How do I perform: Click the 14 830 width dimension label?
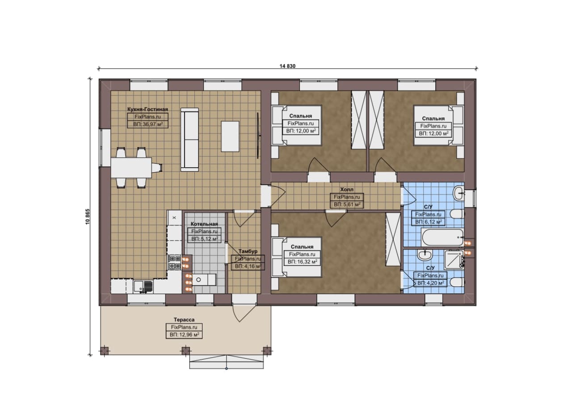(x=287, y=66)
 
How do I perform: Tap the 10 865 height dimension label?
(x=88, y=216)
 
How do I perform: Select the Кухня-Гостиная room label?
(x=147, y=109)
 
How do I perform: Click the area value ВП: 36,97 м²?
(x=148, y=124)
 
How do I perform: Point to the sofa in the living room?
(x=189, y=140)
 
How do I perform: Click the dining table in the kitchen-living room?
(x=131, y=167)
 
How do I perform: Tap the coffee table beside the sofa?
(x=230, y=137)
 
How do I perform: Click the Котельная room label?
(x=204, y=224)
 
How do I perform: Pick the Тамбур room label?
(x=248, y=251)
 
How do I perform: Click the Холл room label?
(x=347, y=190)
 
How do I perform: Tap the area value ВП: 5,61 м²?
(x=347, y=204)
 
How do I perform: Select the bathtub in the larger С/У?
(x=442, y=237)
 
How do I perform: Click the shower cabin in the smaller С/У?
(x=454, y=260)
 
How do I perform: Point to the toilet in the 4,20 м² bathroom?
(x=457, y=282)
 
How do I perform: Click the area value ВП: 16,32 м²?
(x=303, y=261)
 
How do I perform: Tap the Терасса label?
(x=184, y=319)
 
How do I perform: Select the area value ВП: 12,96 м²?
(x=185, y=335)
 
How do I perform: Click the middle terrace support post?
(x=185, y=351)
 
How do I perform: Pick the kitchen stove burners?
(x=175, y=262)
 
